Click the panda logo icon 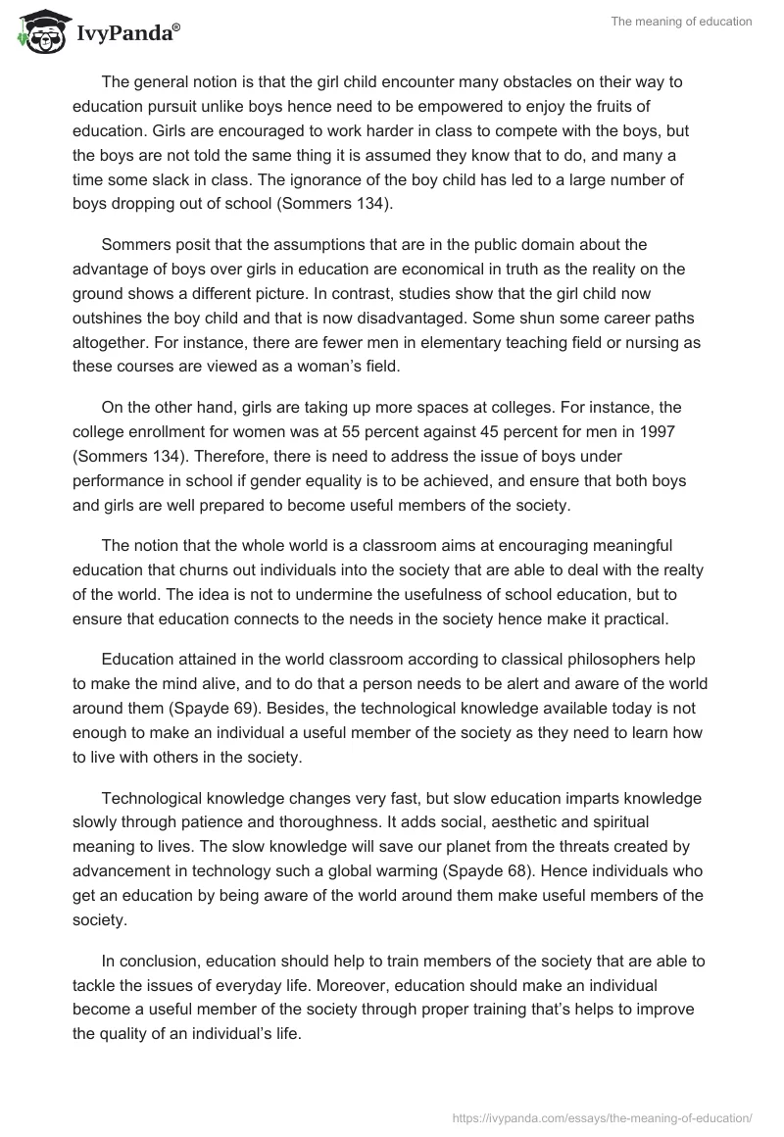tap(37, 31)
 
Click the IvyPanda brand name tap(122, 33)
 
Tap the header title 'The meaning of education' tap(682, 22)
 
